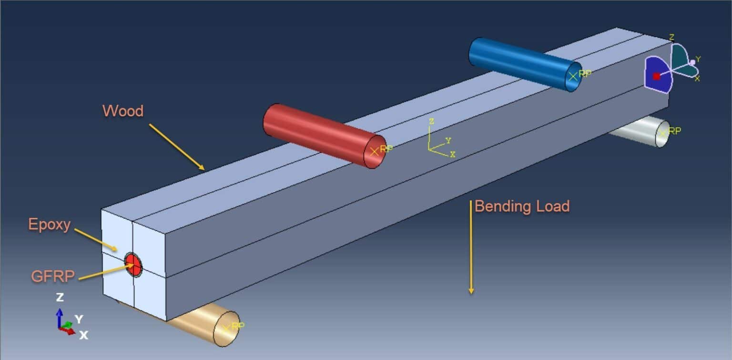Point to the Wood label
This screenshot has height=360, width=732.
(122, 111)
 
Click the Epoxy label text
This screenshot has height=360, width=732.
(49, 224)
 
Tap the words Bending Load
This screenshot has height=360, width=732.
(522, 206)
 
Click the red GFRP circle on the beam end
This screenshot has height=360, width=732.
(133, 265)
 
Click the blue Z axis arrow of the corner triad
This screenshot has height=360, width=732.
(60, 317)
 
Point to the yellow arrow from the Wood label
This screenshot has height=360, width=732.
(176, 146)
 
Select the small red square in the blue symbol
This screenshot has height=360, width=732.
(656, 76)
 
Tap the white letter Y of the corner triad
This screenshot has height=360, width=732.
(79, 319)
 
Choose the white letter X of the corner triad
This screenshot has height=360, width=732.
(83, 335)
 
